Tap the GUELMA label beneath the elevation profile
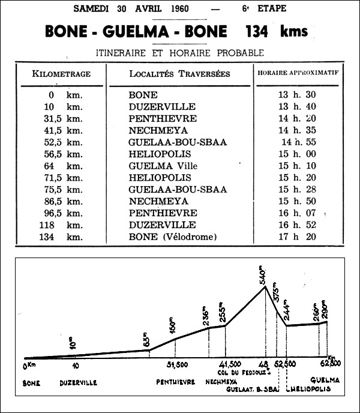(x=325, y=381)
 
